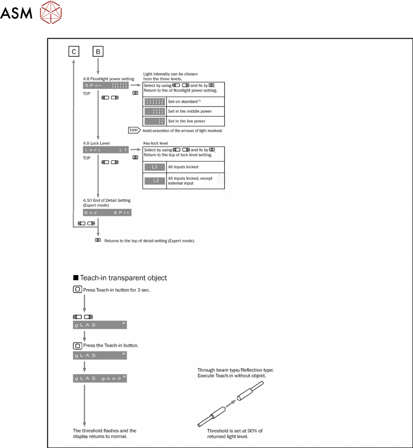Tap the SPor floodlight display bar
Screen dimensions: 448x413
(x=107, y=85)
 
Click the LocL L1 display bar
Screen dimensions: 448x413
(x=107, y=149)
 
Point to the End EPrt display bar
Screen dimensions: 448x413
(x=107, y=212)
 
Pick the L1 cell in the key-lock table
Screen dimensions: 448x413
(x=154, y=167)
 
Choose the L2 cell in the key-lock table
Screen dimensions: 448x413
(x=154, y=181)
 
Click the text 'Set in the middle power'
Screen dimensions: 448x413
(x=190, y=111)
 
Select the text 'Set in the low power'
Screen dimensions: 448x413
(x=187, y=122)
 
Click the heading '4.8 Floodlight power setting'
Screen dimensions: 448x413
(x=108, y=79)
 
